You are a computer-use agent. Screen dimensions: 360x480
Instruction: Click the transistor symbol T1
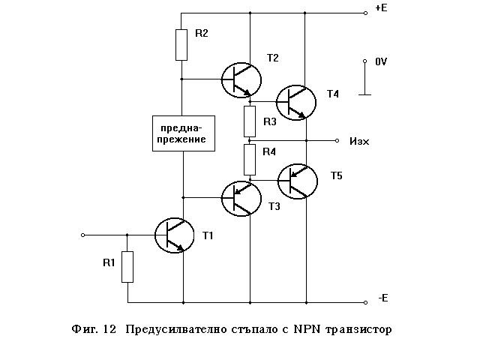[175, 235]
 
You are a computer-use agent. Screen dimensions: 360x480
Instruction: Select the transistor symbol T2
[241, 79]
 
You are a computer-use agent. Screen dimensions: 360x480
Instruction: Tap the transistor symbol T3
[241, 198]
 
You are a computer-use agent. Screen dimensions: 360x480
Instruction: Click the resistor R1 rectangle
[127, 266]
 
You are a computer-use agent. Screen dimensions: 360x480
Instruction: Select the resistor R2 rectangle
[181, 44]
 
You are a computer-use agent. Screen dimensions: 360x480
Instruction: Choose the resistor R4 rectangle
[250, 157]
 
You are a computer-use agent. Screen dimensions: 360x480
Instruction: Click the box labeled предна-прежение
[182, 133]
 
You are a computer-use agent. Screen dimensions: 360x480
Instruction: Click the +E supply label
[380, 10]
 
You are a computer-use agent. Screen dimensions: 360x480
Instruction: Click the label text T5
[336, 175]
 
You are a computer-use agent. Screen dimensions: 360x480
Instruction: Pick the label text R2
[201, 34]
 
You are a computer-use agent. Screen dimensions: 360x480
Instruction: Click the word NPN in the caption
[306, 329]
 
